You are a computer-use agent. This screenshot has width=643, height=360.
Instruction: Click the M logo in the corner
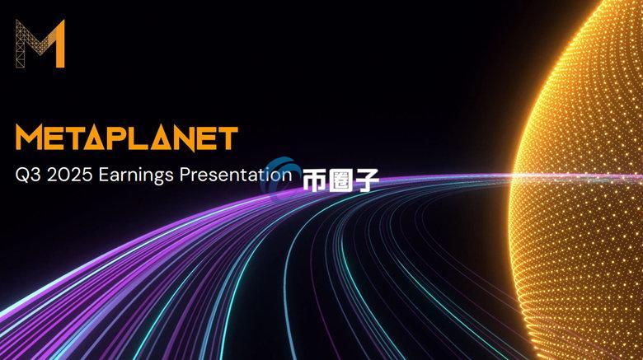pos(40,44)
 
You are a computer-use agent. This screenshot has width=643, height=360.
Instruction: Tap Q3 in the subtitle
pos(26,175)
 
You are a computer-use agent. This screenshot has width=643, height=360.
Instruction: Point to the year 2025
pos(68,175)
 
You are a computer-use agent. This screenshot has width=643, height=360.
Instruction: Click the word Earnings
pos(132,175)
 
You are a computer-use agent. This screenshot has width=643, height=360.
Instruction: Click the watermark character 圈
pos(340,181)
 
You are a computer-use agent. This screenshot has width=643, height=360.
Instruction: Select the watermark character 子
pos(364,181)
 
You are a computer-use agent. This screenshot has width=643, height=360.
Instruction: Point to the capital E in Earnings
pos(102,175)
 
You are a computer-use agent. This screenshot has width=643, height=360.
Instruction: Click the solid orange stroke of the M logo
pos(59,45)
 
